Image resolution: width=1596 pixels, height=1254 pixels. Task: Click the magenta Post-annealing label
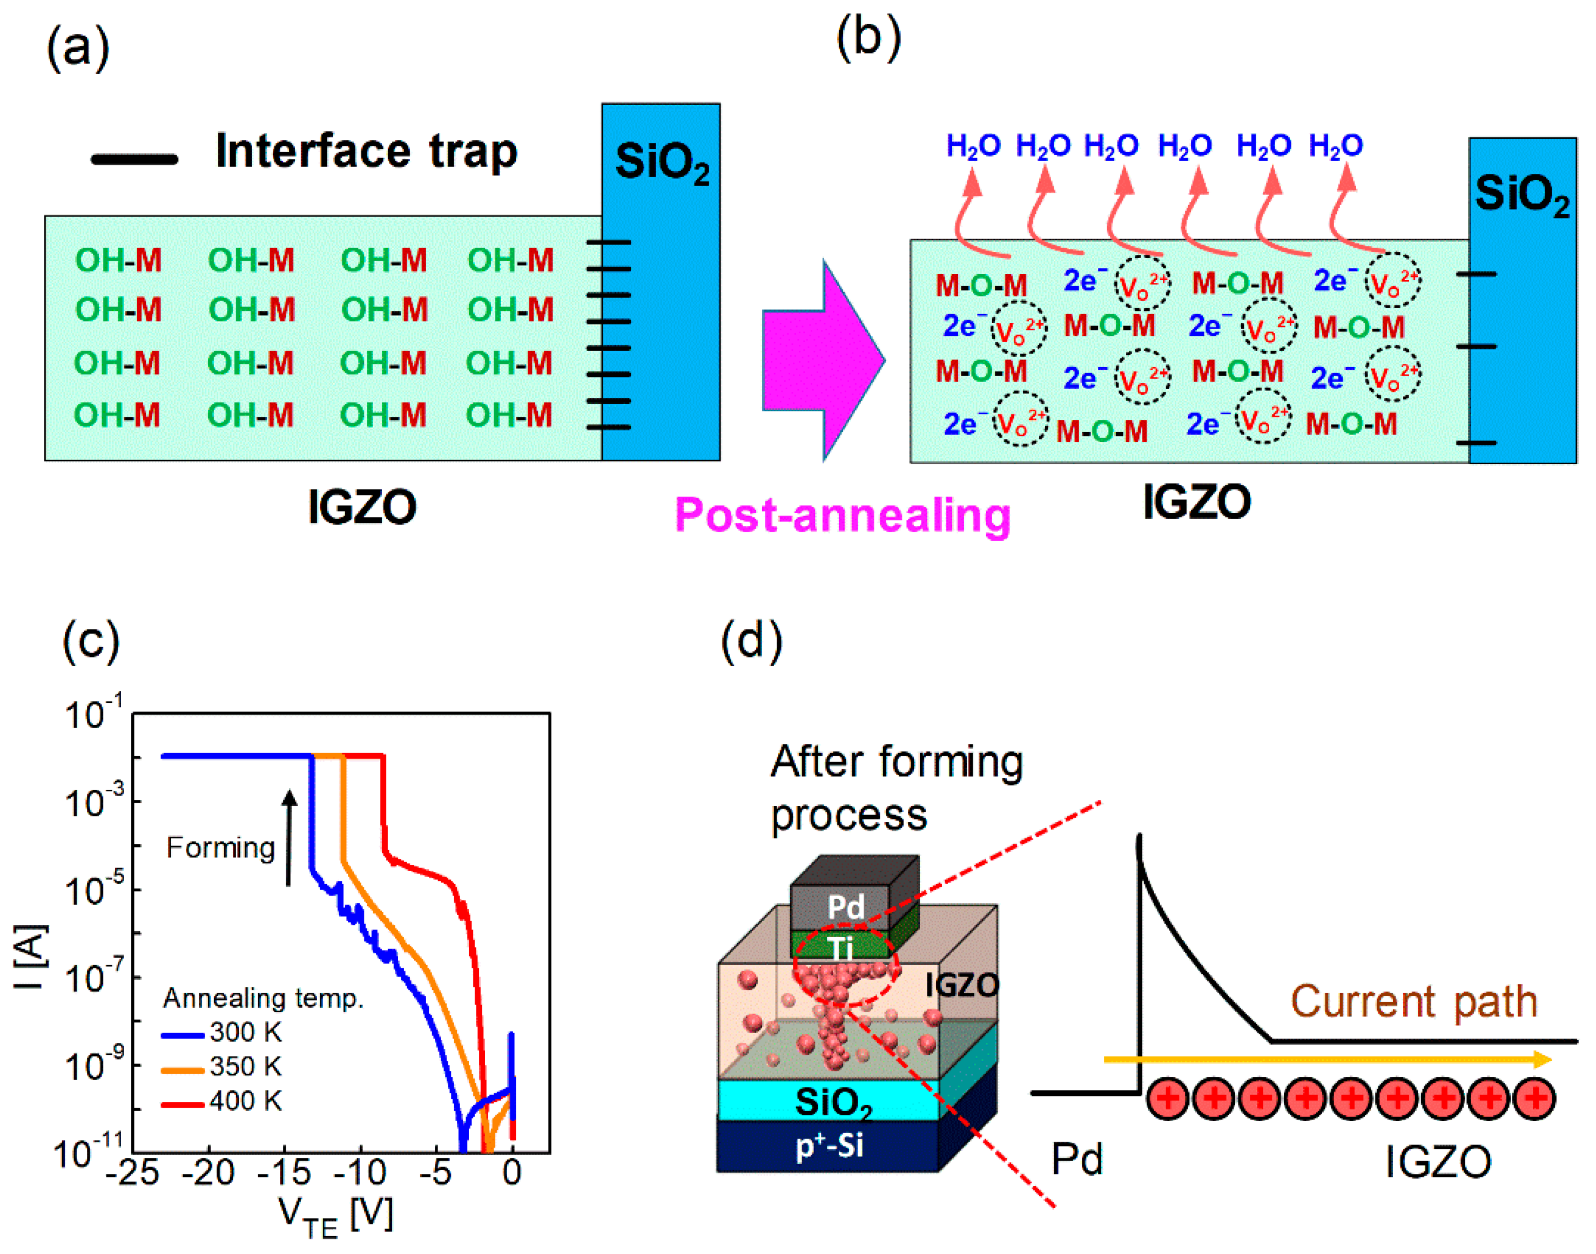[x=843, y=516]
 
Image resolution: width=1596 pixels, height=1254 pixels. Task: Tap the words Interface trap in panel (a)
[x=367, y=152]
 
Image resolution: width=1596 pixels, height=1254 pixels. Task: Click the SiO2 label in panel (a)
[x=662, y=163]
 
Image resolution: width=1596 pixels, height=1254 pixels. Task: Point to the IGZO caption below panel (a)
[x=362, y=507]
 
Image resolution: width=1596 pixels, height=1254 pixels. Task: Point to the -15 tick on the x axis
[x=285, y=1172]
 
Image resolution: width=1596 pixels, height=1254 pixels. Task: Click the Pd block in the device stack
[x=845, y=907]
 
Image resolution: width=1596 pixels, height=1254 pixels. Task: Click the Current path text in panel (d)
[x=1414, y=1001]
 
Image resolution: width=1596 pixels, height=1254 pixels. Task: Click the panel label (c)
[x=91, y=640]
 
